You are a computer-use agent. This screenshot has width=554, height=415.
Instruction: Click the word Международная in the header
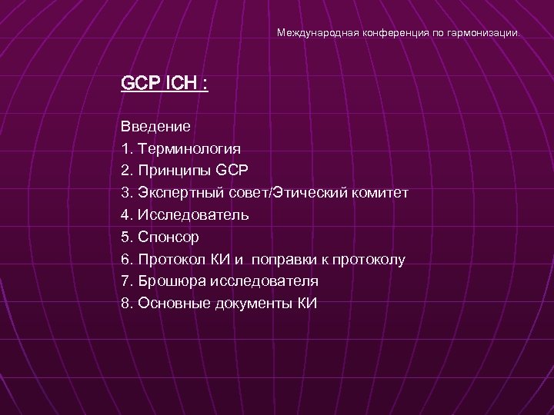[309, 34]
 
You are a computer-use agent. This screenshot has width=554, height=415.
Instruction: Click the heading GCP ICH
[164, 82]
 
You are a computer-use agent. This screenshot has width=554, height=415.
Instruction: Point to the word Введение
[155, 126]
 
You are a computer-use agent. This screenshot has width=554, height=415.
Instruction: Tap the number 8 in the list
[125, 304]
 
